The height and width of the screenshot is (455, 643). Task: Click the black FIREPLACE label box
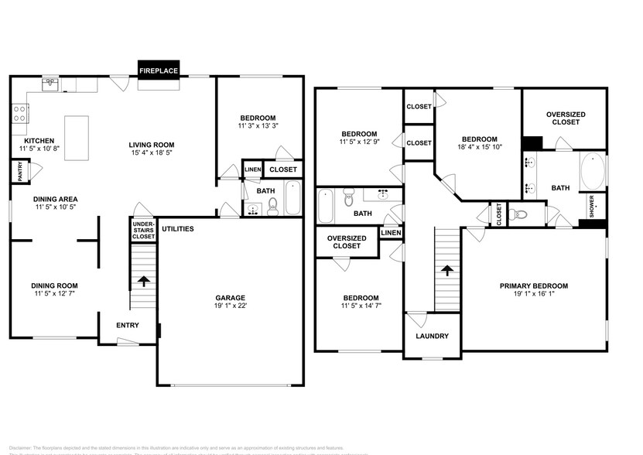click(x=159, y=70)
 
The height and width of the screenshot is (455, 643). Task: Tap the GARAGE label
click(x=230, y=298)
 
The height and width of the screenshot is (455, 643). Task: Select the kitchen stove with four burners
click(x=19, y=115)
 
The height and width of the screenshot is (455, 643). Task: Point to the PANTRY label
click(x=19, y=171)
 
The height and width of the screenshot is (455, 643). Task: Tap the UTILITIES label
click(x=178, y=229)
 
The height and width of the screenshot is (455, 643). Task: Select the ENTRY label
click(x=128, y=325)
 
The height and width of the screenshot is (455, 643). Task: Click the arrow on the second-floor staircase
click(x=445, y=271)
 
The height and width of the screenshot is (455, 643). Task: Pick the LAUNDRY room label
click(x=433, y=337)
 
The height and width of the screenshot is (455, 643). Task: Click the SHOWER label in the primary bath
click(x=592, y=207)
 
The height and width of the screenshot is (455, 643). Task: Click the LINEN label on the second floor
click(x=391, y=233)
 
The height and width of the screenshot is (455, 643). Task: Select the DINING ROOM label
click(x=54, y=286)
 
